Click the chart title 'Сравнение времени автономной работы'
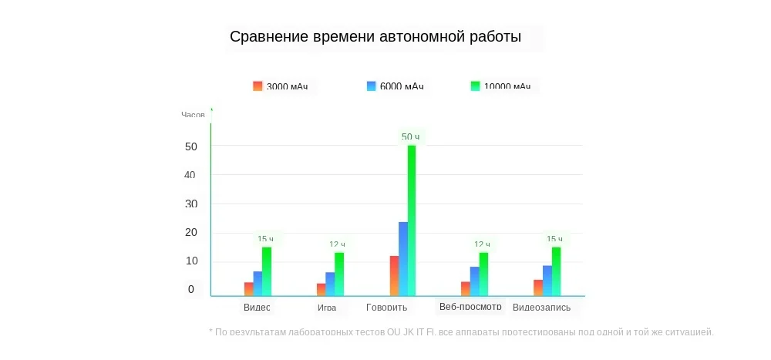pyautogui.click(x=375, y=37)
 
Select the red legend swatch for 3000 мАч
pyautogui.click(x=258, y=86)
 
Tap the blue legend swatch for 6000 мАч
pyautogui.click(x=371, y=86)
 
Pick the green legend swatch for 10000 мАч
pyautogui.click(x=475, y=86)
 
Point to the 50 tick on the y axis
pyautogui.click(x=191, y=146)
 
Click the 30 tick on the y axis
pyautogui.click(x=191, y=204)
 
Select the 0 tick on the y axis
pyautogui.click(x=191, y=290)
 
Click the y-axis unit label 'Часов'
pyautogui.click(x=193, y=115)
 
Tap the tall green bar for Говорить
pyautogui.click(x=412, y=220)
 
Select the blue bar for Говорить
pyautogui.click(x=403, y=258)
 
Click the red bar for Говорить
pyautogui.click(x=394, y=275)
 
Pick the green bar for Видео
pyautogui.click(x=267, y=271)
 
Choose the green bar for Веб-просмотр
pyautogui.click(x=483, y=274)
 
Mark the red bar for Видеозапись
pyautogui.click(x=538, y=288)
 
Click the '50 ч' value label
pyautogui.click(x=410, y=137)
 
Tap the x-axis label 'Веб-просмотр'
pyautogui.click(x=470, y=307)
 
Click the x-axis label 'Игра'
pyautogui.click(x=326, y=308)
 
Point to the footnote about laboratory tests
pyautogui.click(x=461, y=332)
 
